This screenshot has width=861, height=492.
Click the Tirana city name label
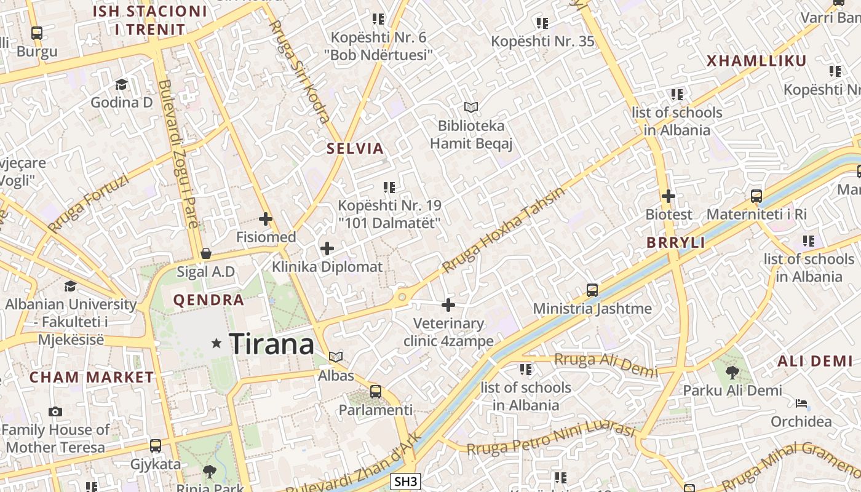271,344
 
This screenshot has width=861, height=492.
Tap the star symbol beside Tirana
216,343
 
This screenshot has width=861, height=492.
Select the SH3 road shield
406,482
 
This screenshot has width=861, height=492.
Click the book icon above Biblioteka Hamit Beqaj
471,108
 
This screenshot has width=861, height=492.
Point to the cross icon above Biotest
669,197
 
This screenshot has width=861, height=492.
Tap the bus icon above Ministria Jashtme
592,290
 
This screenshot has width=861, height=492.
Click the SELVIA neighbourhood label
355,148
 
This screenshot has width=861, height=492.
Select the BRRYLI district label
676,243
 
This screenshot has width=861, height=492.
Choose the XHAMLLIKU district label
756,61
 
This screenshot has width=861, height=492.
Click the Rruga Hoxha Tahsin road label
503,231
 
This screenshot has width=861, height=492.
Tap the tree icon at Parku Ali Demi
732,372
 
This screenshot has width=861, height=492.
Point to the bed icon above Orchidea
801,403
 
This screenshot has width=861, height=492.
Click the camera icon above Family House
55,411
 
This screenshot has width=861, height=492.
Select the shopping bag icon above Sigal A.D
206,253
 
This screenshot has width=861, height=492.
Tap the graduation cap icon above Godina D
121,84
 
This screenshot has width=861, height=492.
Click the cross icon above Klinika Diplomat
327,248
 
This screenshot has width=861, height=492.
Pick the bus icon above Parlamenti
376,391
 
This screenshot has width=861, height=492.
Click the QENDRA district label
209,300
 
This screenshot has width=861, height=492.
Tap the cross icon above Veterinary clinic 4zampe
448,305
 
